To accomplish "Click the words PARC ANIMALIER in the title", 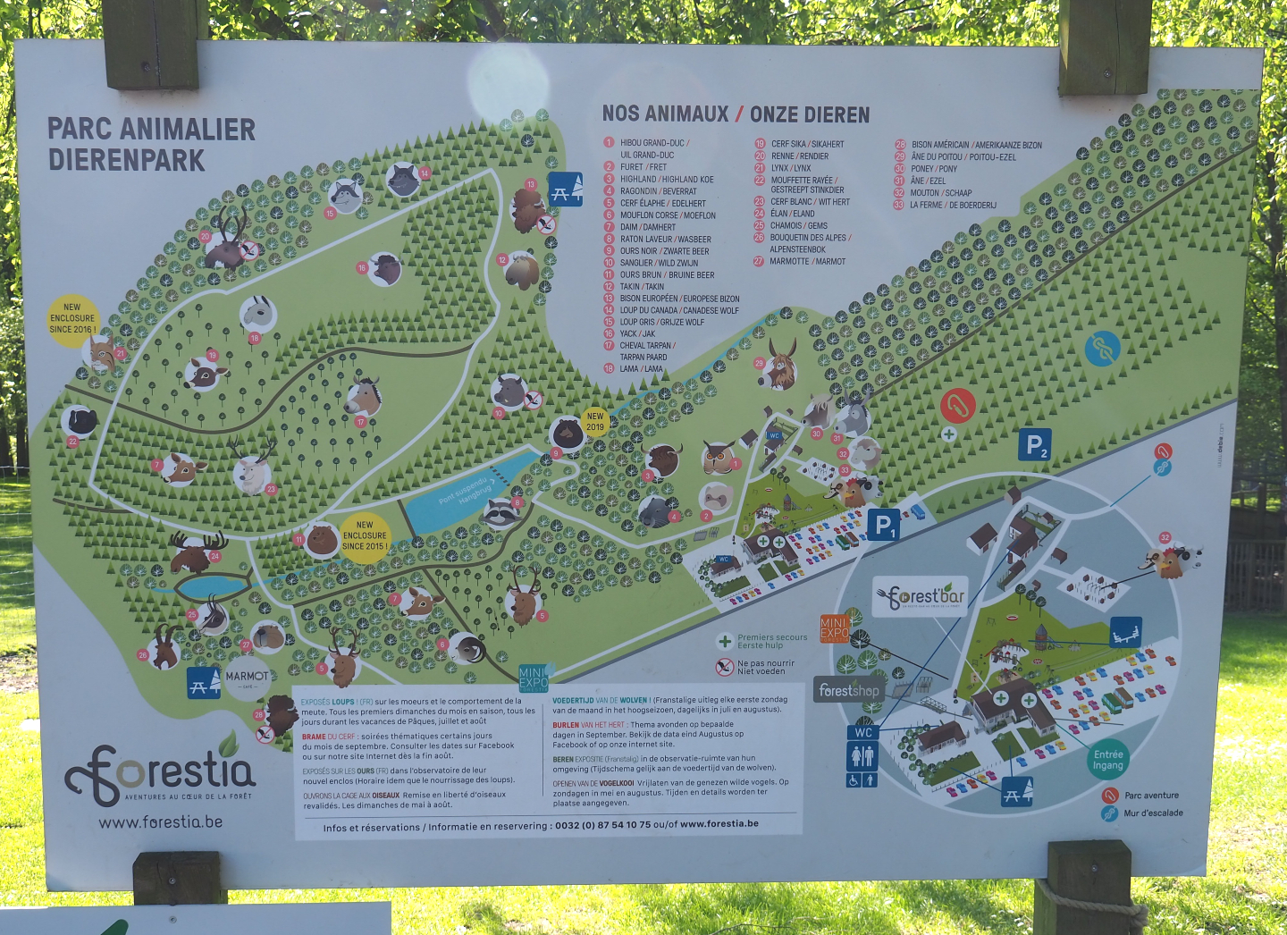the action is point(151,130).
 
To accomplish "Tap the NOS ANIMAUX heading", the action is point(665,114).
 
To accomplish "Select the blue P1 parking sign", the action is point(883,525).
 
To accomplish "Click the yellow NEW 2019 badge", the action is point(595,421).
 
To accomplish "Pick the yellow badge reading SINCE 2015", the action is point(365,536).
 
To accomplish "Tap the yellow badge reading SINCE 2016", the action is point(72,318).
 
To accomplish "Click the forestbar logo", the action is point(921,596).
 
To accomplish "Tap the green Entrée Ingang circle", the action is point(1107,760).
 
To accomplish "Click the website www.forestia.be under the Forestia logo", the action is point(161,822).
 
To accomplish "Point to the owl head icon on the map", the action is point(718,457).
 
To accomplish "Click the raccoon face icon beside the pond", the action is point(502,513).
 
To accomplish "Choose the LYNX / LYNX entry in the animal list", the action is point(790,168).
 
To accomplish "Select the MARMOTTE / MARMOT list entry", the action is point(807,262).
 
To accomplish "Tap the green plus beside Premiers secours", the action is point(725,641).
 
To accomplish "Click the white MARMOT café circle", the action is point(247,678).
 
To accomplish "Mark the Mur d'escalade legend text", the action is point(1153,813).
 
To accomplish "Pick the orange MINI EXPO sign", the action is point(834,628).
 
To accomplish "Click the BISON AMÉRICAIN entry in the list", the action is point(976,145).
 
